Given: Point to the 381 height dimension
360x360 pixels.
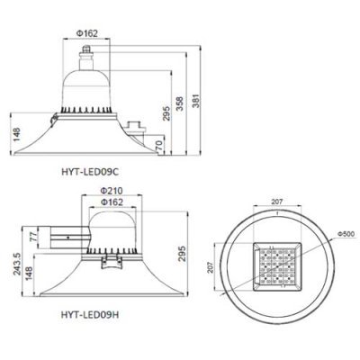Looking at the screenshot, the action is click(195, 100).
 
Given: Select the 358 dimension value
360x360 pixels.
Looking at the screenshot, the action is click(179, 103).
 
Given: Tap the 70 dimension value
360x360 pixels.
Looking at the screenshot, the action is click(159, 146).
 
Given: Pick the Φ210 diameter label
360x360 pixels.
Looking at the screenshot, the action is click(112, 191).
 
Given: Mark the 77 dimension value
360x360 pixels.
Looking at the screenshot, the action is click(34, 237).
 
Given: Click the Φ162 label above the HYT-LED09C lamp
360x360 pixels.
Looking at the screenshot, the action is click(86, 33).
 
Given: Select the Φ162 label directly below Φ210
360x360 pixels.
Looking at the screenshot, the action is click(112, 202).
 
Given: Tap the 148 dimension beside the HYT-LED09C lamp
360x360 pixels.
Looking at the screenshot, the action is click(16, 134).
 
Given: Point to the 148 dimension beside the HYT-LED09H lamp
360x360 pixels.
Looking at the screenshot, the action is click(29, 274).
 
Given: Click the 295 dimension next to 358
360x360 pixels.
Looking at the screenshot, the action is click(166, 113).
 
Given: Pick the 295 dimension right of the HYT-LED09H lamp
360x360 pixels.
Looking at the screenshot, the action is click(182, 254).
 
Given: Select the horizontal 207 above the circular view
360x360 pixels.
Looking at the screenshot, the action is click(277, 202).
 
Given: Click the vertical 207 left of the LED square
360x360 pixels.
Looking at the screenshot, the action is click(210, 266).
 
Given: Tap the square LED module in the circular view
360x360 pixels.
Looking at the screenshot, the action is click(277, 266).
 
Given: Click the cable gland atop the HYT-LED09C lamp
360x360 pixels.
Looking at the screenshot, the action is click(86, 52).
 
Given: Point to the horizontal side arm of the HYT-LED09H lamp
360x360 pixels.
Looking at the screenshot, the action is click(65, 238).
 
